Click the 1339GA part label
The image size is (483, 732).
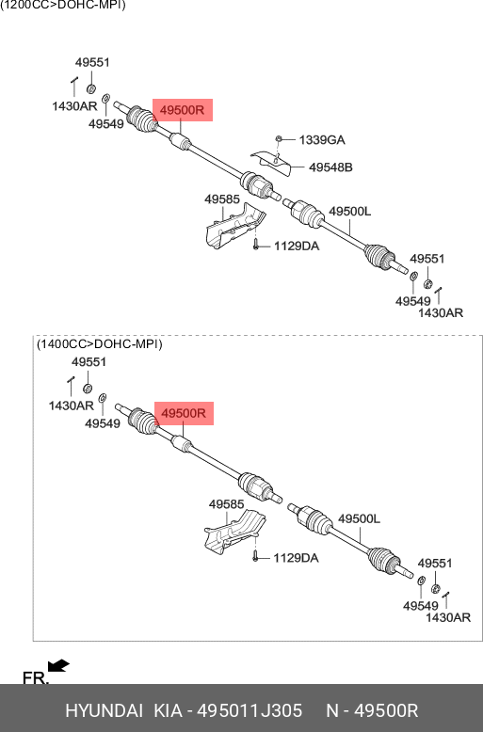(x=322, y=139)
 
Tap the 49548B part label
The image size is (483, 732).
(x=330, y=167)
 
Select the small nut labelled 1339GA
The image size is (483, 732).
(x=279, y=138)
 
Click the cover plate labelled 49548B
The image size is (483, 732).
(x=270, y=162)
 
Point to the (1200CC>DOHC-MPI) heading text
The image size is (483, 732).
(x=62, y=5)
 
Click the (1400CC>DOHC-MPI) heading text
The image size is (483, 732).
(x=100, y=344)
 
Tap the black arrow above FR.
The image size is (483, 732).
(x=59, y=665)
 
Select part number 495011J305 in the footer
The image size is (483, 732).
(x=250, y=710)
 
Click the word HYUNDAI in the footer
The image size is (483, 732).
(x=104, y=710)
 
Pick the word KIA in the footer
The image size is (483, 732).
(x=169, y=710)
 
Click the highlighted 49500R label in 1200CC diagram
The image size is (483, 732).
(x=183, y=110)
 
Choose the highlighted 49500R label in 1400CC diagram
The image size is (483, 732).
(x=184, y=414)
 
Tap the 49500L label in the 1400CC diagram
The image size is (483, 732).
(x=360, y=518)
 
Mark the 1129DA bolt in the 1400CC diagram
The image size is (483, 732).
(x=255, y=555)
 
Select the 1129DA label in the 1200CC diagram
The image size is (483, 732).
(x=297, y=246)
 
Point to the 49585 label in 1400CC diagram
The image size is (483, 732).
(x=227, y=504)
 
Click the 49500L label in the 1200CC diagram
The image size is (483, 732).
(x=350, y=212)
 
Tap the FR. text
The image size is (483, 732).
(x=36, y=677)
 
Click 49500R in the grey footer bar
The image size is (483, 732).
(x=386, y=710)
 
